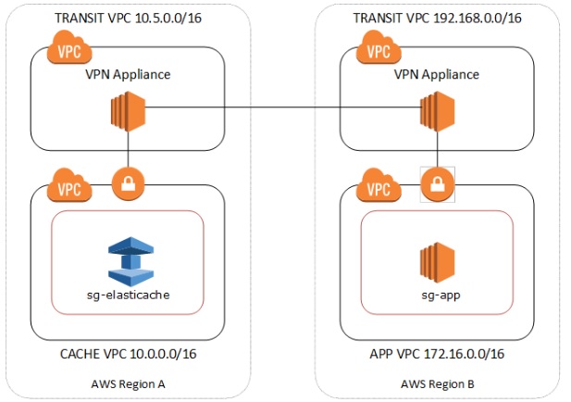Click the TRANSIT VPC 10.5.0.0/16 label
127,19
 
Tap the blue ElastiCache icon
127,260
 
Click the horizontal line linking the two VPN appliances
278,109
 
